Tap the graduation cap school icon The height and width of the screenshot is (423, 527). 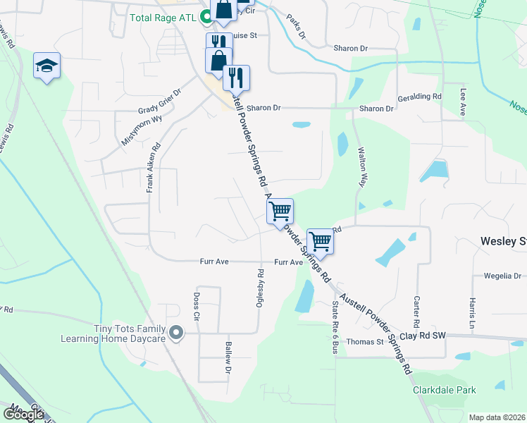pos(47,66)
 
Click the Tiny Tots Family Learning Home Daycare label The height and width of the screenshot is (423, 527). pos(130,333)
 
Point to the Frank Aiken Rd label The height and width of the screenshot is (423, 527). pos(153,168)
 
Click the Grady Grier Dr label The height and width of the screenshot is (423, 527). pos(159,101)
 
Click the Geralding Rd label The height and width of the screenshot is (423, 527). pos(419,97)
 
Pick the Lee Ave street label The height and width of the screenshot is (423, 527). pos(464,102)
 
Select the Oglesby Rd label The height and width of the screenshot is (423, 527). pos(260,288)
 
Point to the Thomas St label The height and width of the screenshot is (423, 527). pos(364,342)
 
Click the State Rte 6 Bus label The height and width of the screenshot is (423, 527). pos(335,327)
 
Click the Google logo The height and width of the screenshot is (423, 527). pos(23,414)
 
